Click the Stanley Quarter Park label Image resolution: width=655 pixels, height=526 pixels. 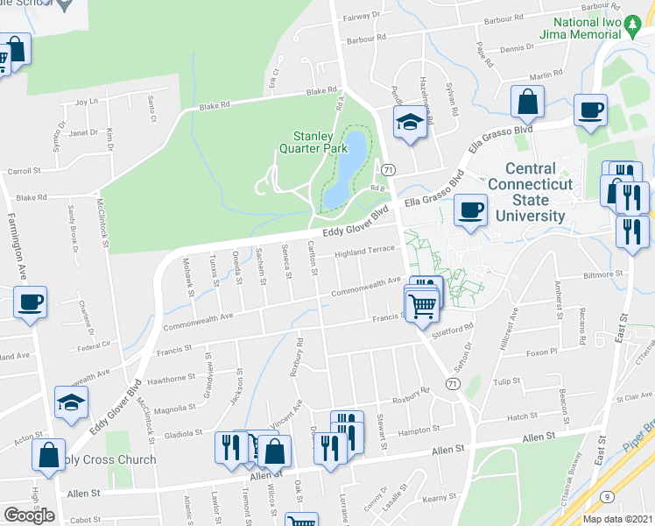(313, 142)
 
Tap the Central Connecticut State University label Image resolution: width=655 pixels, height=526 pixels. (530, 192)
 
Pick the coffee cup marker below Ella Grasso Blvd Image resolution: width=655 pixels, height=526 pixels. (472, 210)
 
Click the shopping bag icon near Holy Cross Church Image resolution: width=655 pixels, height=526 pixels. (48, 455)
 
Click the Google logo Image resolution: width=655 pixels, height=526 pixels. (29, 515)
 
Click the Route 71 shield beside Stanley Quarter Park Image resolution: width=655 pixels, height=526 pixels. (389, 168)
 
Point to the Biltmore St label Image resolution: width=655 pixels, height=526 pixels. (602, 274)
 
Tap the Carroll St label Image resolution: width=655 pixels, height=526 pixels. (25, 171)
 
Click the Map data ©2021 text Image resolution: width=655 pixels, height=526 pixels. (618, 519)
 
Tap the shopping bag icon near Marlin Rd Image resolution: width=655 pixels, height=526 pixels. (529, 103)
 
